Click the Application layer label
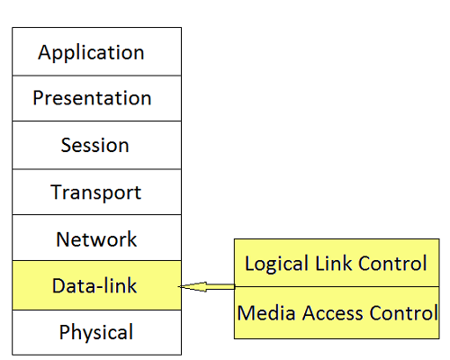coord(91,53)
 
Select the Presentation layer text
coord(92,98)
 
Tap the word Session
coord(95,145)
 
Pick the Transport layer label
coord(96,193)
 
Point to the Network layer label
coord(96,239)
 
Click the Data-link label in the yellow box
coord(94,285)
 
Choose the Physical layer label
coord(96,332)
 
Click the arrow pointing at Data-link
coord(207,287)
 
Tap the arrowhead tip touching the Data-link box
coord(179,287)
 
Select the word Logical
coord(277,264)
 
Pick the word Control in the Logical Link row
coord(392,263)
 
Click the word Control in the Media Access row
coord(404,313)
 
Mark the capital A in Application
coord(45,53)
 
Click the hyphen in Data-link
coord(99,287)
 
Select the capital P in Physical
coord(64,331)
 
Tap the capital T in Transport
coord(57,192)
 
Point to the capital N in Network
coord(64,239)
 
